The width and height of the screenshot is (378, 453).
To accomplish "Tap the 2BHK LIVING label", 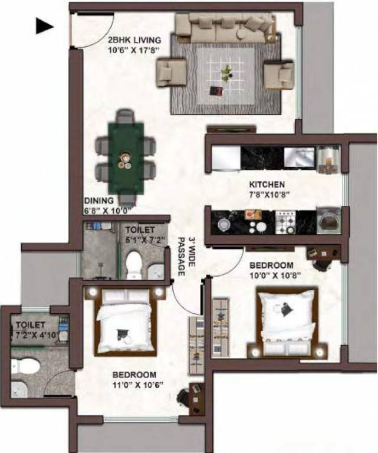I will point(134,40).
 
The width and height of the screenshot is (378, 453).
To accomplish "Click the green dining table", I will point(126,155).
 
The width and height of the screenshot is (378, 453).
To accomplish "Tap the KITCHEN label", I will point(267,185).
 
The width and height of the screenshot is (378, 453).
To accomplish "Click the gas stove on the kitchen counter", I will point(285,222).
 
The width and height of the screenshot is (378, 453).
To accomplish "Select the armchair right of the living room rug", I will point(278,74).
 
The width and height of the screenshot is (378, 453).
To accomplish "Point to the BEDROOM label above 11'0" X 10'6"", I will point(135,375).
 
